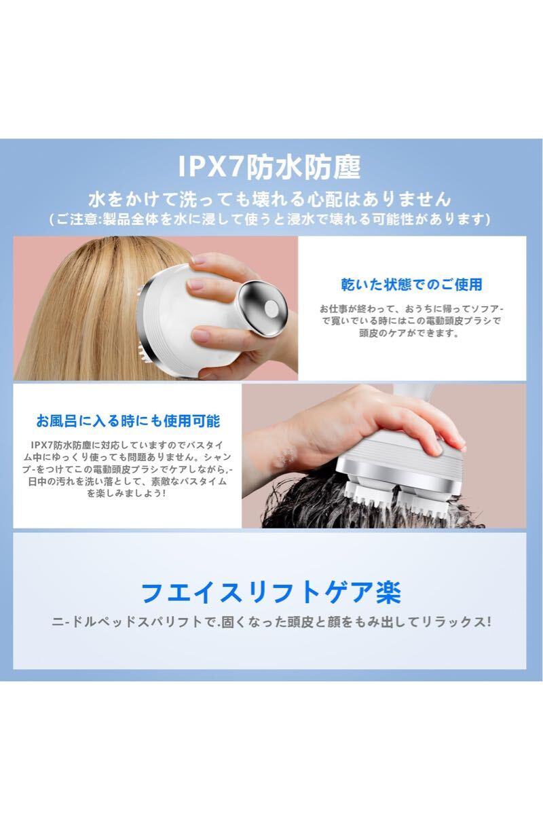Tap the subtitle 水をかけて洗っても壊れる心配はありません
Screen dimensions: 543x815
[x=270, y=200]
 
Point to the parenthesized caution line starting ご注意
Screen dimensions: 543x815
[x=270, y=219]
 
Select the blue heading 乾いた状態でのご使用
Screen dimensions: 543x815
[x=412, y=285]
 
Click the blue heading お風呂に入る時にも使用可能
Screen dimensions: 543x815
[x=128, y=421]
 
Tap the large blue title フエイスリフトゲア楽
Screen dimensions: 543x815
[x=271, y=593]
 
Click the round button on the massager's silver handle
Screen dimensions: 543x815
[x=271, y=309]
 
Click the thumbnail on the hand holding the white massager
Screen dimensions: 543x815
[x=199, y=259]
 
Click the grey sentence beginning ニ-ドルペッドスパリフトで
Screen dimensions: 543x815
[x=271, y=621]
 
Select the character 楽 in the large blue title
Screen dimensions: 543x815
[x=388, y=593]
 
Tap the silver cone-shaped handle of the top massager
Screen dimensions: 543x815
[x=265, y=308]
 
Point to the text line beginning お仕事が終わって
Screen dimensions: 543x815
[x=412, y=309]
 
